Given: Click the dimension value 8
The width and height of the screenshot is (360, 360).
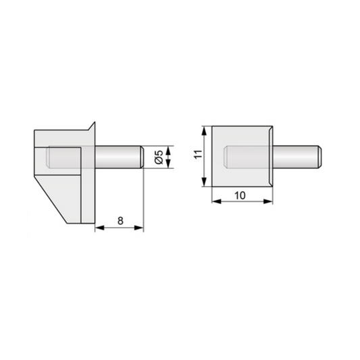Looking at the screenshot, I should (x=120, y=220).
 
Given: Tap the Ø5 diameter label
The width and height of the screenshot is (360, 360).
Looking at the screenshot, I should (x=158, y=157).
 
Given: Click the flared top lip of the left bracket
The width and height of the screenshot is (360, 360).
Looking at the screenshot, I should (x=91, y=127).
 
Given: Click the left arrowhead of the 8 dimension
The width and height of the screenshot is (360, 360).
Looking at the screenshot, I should (x=97, y=228).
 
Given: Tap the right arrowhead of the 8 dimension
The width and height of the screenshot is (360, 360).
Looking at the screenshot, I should (x=141, y=228).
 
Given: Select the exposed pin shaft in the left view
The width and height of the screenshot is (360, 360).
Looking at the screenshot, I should (x=115, y=157).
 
